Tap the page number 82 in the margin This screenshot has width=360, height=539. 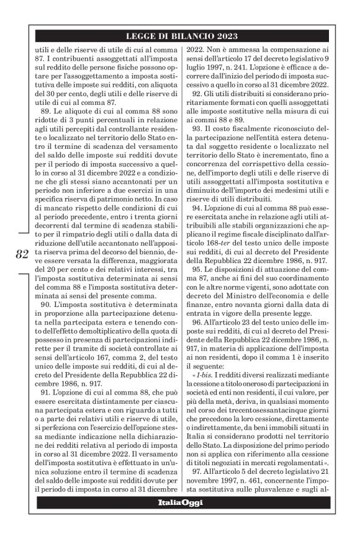[x=22, y=254]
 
